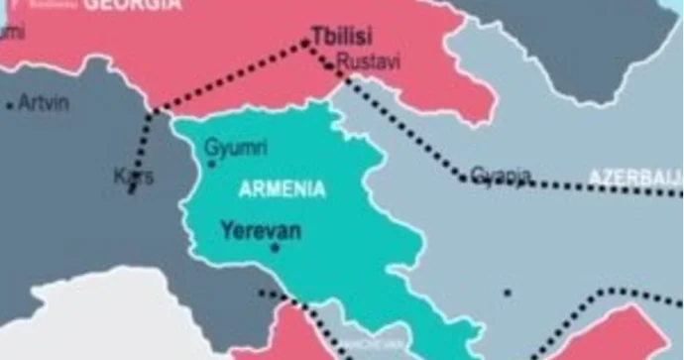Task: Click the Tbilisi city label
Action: coord(342,38)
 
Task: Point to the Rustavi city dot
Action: coord(330,67)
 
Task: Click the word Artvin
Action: coord(44,102)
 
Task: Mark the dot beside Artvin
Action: coord(10,104)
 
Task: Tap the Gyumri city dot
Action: coord(212,163)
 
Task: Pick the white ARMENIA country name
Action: coord(283,187)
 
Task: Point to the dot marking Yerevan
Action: coord(275,246)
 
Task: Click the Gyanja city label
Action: coord(501,176)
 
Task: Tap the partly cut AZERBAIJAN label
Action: coord(635,177)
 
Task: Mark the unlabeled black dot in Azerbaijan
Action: coord(507,293)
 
